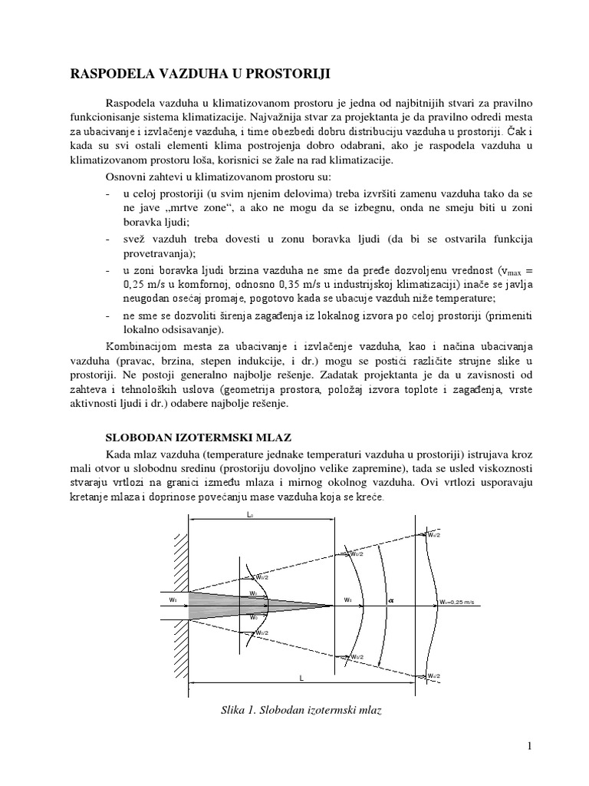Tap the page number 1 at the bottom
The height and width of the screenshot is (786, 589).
[x=529, y=745]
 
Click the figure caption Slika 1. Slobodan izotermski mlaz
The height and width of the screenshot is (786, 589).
[x=301, y=710]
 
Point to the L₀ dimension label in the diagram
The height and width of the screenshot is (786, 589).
[x=250, y=517]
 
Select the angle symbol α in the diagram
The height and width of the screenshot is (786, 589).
[x=390, y=601]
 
